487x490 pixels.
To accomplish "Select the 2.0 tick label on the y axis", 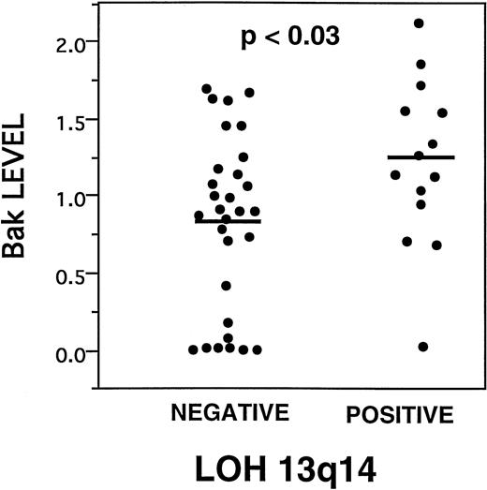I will pyautogui.click(x=72, y=42).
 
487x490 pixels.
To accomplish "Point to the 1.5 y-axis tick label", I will pyautogui.click(x=72, y=120).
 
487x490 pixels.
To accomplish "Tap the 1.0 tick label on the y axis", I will pyautogui.click(x=72, y=197).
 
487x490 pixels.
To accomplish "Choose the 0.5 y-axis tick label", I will pyautogui.click(x=72, y=275).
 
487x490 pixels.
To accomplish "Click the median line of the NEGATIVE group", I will pyautogui.click(x=228, y=221).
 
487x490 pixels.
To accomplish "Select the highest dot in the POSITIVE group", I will pyautogui.click(x=419, y=22).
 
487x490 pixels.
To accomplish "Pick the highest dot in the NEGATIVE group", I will pyautogui.click(x=206, y=89).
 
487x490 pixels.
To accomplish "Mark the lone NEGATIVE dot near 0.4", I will pyautogui.click(x=226, y=285).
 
